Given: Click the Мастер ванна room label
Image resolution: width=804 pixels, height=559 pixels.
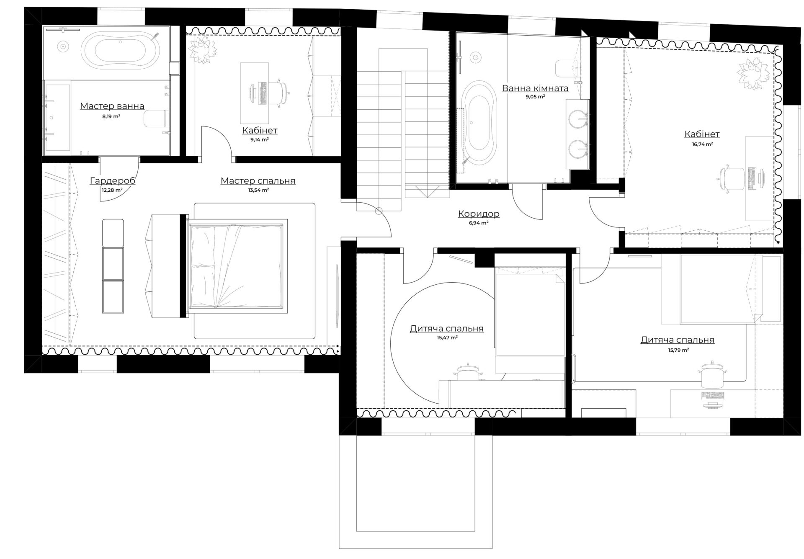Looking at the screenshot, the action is coord(112,106).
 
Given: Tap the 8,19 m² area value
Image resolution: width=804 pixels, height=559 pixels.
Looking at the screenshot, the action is coord(111,116).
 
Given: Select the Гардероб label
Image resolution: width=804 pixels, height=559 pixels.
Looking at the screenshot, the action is coord(112,181).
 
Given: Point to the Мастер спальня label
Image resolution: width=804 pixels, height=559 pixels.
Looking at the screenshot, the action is coord(258,181).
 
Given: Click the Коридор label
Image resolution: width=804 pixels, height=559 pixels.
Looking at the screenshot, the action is coord(479,214).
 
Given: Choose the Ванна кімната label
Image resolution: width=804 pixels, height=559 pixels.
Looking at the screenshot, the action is coord(535,88).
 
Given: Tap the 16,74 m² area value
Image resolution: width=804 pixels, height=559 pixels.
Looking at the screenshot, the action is coord(702,144).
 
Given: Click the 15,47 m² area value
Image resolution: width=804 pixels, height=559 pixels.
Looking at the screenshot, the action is coord(447,337).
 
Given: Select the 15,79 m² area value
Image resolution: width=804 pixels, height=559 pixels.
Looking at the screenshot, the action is coord(678,350).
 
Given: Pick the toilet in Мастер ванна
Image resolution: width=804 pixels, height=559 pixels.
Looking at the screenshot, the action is coord(156,118).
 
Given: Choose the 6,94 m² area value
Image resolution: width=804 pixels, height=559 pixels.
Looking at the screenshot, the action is coord(479,223).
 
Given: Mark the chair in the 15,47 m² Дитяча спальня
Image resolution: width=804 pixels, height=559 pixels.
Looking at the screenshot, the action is coord(467,372).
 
